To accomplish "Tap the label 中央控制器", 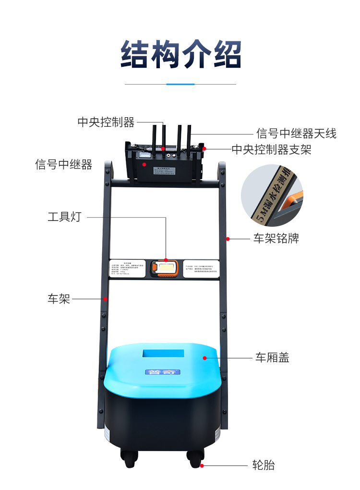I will pyautogui.click(x=106, y=122).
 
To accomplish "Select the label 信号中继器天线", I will pyautogui.click(x=296, y=133).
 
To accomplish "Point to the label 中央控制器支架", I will pyautogui.click(x=271, y=150).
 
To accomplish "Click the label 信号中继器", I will pyautogui.click(x=63, y=165).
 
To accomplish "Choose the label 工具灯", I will pyautogui.click(x=64, y=217).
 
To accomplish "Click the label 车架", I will pyautogui.click(x=59, y=299).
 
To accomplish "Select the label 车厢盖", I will pyautogui.click(x=272, y=357).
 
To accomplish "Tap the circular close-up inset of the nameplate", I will pyautogui.click(x=272, y=195).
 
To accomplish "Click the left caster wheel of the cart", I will pyautogui.click(x=131, y=459).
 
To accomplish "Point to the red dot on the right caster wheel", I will pyautogui.click(x=202, y=465).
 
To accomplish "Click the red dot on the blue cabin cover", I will pyautogui.click(x=205, y=357).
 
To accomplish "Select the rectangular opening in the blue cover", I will pyautogui.click(x=163, y=354).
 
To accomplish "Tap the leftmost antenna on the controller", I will pyautogui.click(x=155, y=136).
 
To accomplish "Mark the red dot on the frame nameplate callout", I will pyautogui.click(x=228, y=238).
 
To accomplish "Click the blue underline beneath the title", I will pyautogui.click(x=180, y=84).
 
